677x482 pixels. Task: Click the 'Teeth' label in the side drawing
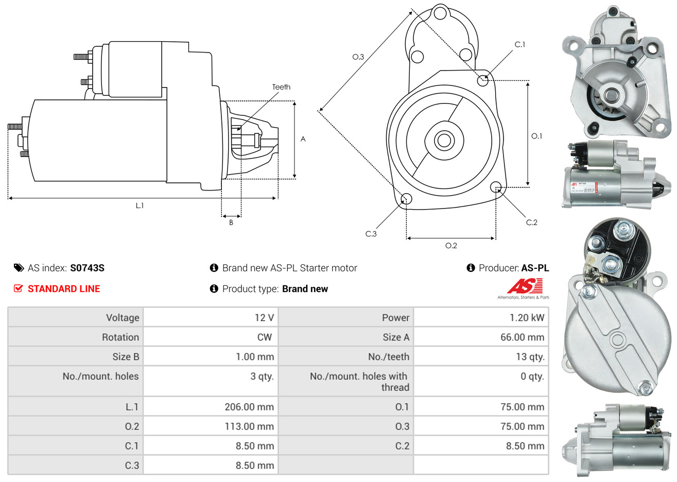point(281,87)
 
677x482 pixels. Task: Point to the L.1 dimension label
point(140,205)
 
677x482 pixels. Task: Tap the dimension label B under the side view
point(231,222)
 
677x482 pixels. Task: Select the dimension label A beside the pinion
point(303,139)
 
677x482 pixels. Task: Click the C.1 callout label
point(520,45)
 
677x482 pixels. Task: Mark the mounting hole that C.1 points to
point(483,80)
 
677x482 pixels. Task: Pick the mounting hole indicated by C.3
point(406,199)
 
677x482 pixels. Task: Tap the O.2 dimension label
point(451,246)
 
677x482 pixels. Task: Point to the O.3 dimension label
point(358,57)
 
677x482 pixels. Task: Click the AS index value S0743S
point(87,268)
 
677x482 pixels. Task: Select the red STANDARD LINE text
point(64,289)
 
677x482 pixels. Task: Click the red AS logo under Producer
point(525,286)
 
